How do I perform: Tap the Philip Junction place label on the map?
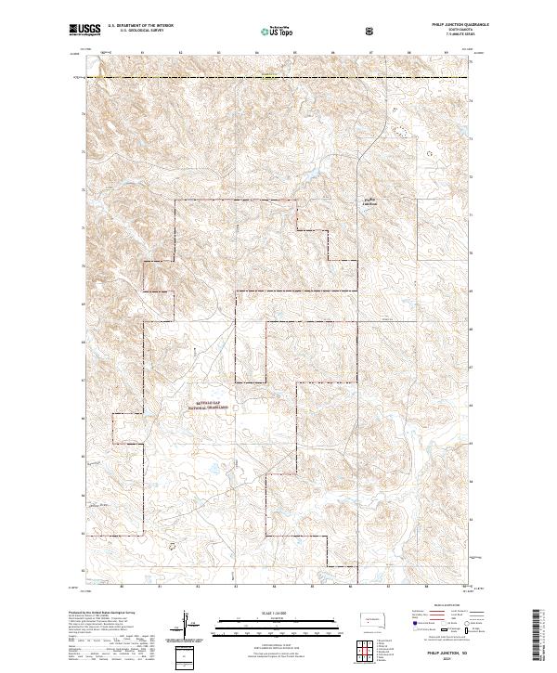point(371,201)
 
